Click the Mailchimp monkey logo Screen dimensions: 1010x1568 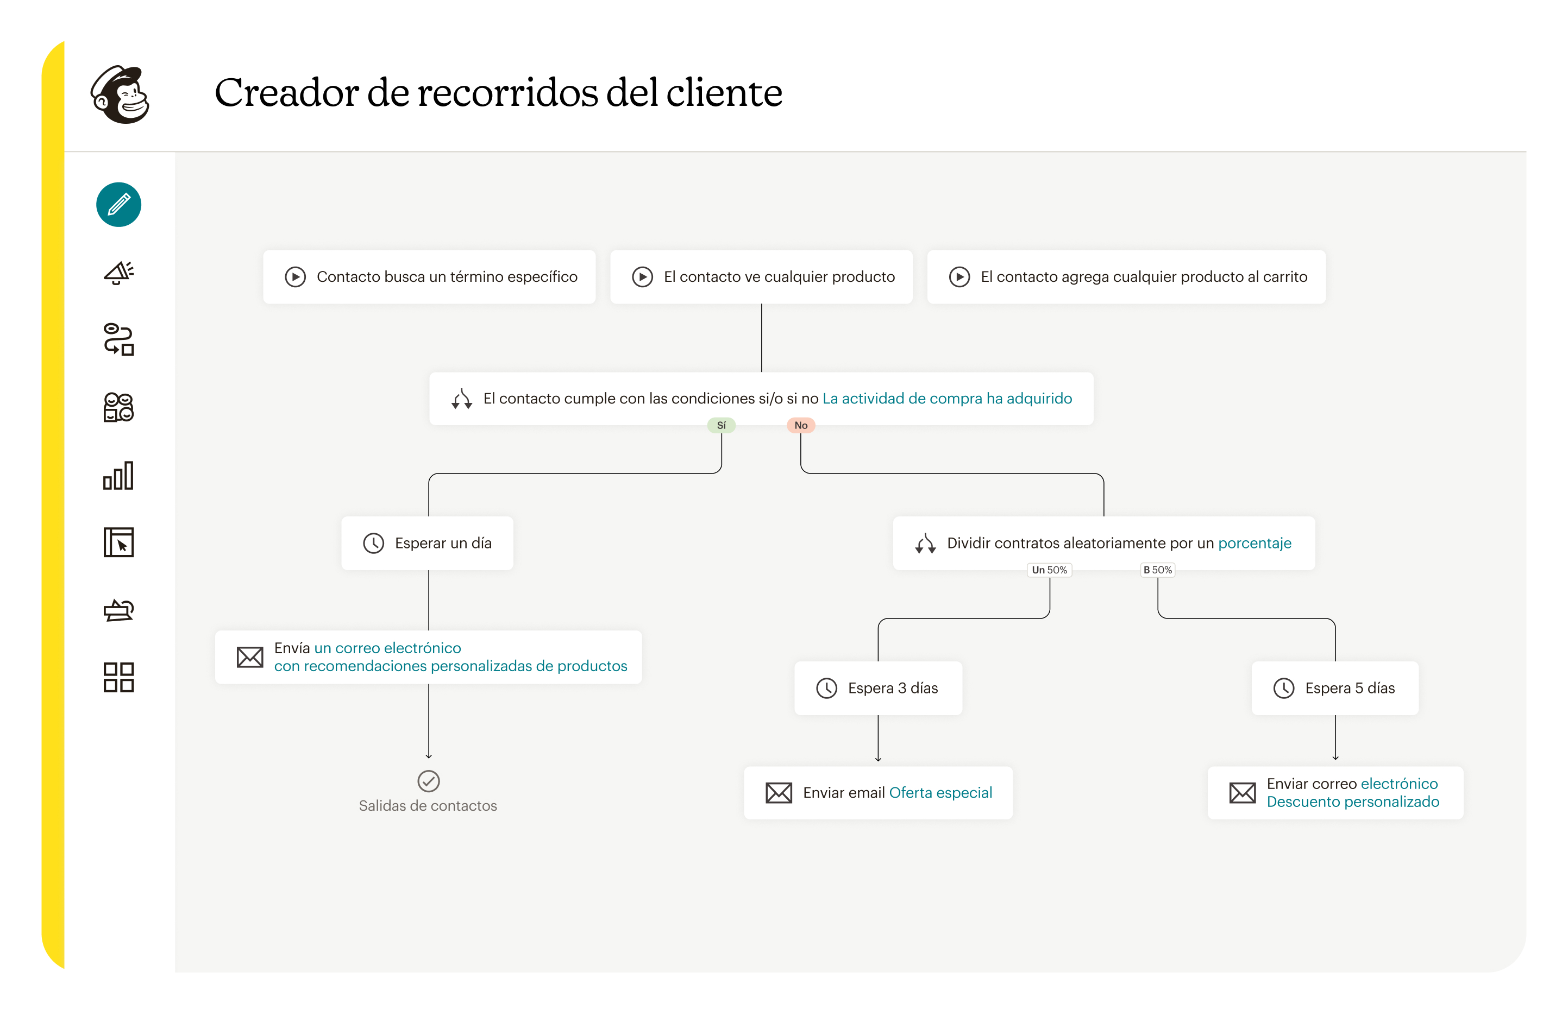tap(120, 94)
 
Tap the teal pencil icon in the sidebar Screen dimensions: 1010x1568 tap(119, 205)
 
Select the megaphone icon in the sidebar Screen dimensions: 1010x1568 tap(119, 272)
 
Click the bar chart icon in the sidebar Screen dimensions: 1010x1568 tap(119, 476)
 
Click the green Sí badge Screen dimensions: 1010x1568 tap(721, 426)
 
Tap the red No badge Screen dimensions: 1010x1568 tap(800, 426)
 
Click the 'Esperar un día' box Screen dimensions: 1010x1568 tap(427, 543)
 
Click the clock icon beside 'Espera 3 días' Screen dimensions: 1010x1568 tap(826, 688)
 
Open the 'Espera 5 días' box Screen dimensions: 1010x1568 tap(1334, 688)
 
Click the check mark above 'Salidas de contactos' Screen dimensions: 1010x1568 tap(429, 781)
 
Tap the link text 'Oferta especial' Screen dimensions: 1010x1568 tap(940, 793)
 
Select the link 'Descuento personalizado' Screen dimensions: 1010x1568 tap(1353, 802)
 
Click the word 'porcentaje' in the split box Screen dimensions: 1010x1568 tap(1255, 543)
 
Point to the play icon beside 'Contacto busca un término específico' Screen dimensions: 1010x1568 tap(295, 277)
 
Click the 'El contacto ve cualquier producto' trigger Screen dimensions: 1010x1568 tap(761, 277)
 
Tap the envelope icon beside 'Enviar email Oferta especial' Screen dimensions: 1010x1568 tap(779, 793)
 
